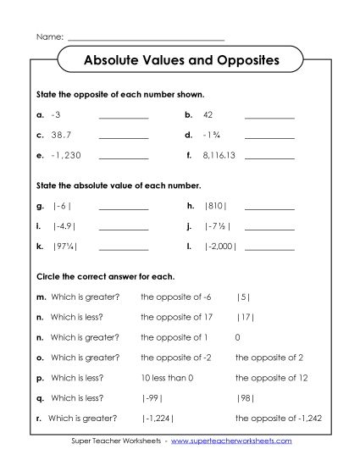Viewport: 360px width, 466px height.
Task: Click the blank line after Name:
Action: click(146, 40)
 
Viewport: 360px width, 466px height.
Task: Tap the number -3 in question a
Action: click(57, 113)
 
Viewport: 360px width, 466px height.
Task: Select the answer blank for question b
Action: click(269, 116)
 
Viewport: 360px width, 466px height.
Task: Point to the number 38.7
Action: click(61, 135)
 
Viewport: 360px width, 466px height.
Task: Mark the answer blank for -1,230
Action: click(123, 159)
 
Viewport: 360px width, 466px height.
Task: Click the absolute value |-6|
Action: click(62, 206)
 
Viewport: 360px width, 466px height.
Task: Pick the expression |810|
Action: click(216, 206)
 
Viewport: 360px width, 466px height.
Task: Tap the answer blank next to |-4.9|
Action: click(123, 230)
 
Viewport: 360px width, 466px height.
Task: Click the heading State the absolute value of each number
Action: click(119, 184)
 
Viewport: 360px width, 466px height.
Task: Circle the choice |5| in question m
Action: click(243, 296)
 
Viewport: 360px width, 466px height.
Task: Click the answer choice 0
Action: click(238, 336)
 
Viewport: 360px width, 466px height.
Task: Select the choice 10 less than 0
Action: click(168, 377)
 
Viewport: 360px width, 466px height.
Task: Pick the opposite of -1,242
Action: click(278, 418)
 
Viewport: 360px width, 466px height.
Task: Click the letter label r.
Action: click(38, 418)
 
